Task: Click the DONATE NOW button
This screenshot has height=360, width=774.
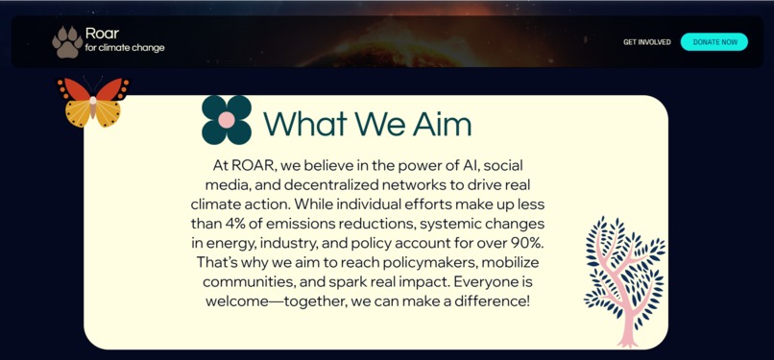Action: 714,42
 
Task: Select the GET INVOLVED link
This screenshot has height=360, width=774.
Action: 647,42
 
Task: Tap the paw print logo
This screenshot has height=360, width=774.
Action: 67,41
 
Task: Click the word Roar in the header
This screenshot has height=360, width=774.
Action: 102,34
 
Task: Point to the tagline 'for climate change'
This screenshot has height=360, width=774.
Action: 125,48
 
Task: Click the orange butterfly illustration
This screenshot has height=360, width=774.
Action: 93,102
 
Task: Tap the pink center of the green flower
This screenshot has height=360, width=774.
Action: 227,121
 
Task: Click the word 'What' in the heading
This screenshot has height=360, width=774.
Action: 305,124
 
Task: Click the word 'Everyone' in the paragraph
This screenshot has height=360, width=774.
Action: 486,282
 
